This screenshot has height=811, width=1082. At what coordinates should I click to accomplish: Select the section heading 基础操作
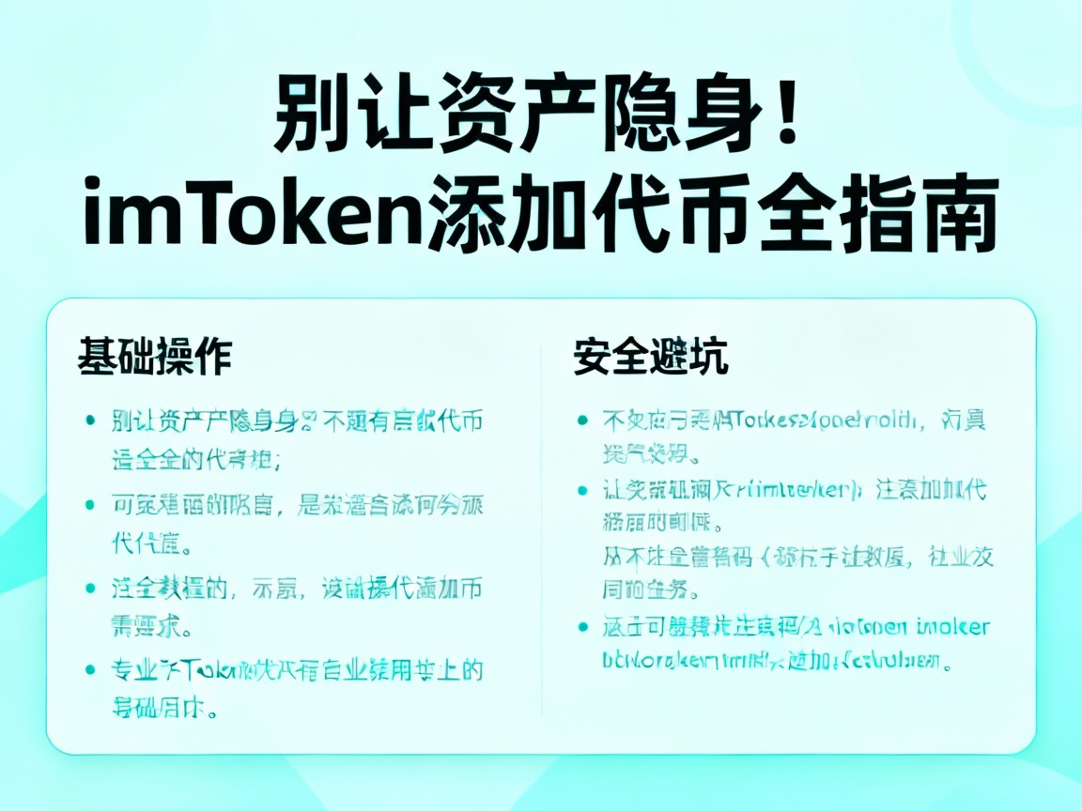[154, 358]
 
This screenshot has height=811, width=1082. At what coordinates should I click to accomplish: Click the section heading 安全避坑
[651, 358]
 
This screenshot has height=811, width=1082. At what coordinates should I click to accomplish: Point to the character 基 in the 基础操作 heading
[97, 358]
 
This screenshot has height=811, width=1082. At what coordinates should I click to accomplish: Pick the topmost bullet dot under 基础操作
[90, 421]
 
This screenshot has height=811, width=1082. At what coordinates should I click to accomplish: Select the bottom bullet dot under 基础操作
[90, 670]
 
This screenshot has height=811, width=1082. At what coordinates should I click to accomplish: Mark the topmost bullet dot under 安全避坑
[582, 421]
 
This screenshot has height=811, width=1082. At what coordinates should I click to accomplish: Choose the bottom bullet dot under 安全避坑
[582, 627]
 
